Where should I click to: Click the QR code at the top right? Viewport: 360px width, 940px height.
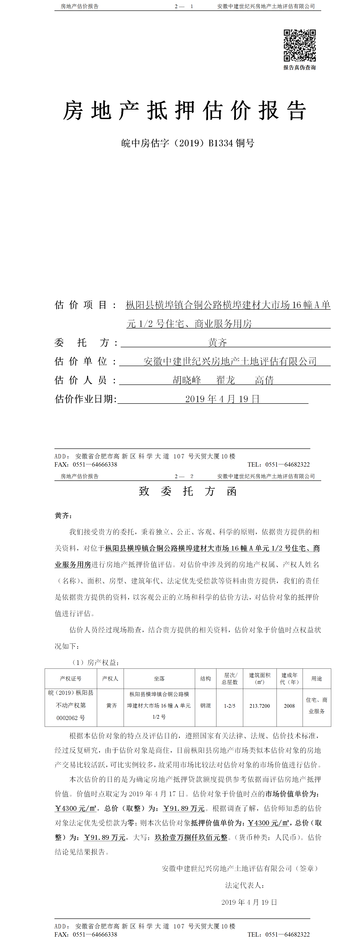click(x=299, y=45)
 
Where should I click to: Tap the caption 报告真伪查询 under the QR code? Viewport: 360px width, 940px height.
click(x=299, y=68)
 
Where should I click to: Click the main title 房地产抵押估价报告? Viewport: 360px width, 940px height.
click(x=185, y=110)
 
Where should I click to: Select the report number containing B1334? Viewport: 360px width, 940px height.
click(x=188, y=143)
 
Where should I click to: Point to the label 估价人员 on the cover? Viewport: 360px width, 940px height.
click(x=85, y=380)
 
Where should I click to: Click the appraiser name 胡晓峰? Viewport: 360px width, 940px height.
click(x=187, y=380)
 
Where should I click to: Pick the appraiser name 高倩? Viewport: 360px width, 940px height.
click(x=264, y=380)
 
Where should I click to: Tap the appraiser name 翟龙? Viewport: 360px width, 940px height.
click(x=225, y=380)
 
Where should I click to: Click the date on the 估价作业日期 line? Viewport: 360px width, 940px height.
click(x=222, y=399)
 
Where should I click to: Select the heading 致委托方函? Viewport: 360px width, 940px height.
click(x=188, y=491)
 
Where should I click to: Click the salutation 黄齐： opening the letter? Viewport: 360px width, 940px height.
click(x=64, y=516)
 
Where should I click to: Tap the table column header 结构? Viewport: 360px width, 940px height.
click(x=205, y=678)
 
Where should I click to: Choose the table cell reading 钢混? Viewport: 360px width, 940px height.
click(x=205, y=706)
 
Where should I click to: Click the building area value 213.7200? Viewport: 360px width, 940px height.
click(x=260, y=706)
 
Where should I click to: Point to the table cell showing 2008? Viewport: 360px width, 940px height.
click(x=289, y=706)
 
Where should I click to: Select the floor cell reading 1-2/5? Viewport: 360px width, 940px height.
click(x=229, y=706)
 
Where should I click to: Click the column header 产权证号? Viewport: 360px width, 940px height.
click(x=71, y=678)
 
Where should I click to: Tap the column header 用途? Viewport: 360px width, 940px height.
click(x=317, y=678)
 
